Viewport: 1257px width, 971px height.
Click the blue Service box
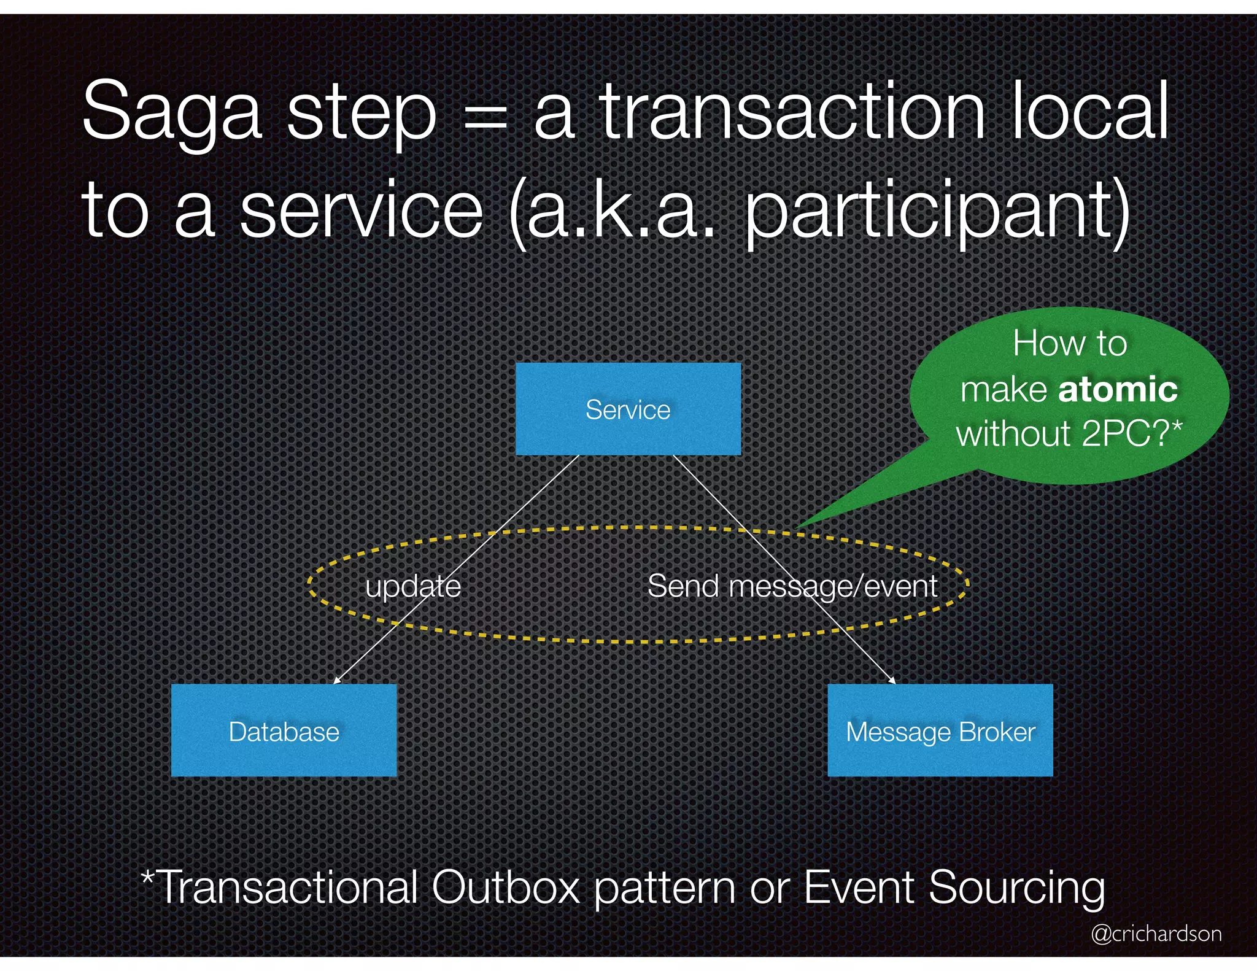pos(628,409)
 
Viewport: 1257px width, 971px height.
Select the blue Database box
pos(284,730)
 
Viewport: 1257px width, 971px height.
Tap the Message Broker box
pos(940,730)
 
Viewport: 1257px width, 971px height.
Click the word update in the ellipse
pos(413,586)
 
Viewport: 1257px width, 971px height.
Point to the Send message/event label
pos(792,586)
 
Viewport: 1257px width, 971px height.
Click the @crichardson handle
pos(1156,934)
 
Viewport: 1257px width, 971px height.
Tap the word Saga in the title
pos(172,114)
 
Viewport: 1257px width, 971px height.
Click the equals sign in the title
pos(485,117)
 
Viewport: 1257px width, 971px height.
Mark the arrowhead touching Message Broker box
pos(892,679)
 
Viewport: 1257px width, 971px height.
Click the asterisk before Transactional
pos(147,876)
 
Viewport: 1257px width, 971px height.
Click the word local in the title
pos(1089,114)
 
